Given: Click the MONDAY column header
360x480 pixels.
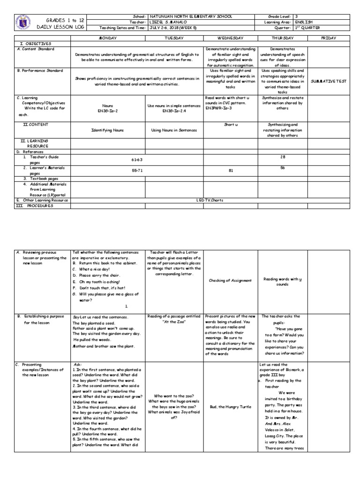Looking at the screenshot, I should (108, 37).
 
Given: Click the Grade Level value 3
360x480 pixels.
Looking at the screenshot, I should (297, 16).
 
